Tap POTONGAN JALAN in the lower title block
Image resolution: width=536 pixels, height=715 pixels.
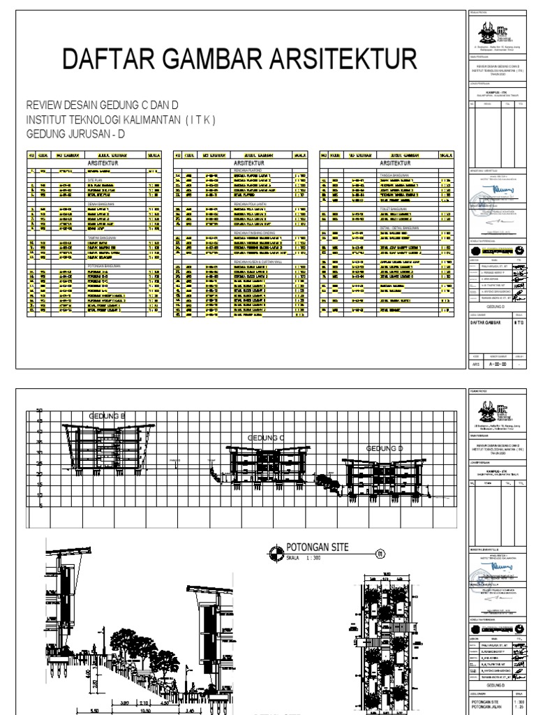pyautogui.click(x=487, y=709)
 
